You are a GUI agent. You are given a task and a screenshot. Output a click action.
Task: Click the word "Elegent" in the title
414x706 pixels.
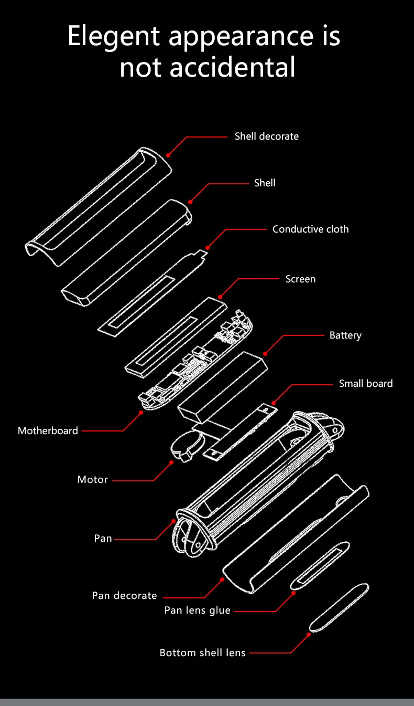click(114, 36)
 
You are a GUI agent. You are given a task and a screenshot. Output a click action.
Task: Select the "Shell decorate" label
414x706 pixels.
click(266, 136)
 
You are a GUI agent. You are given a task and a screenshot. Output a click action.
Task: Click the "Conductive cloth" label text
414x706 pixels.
click(310, 229)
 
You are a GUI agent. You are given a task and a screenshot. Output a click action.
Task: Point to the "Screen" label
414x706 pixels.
click(300, 279)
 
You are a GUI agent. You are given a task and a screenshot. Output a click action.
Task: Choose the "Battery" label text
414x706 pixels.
click(345, 335)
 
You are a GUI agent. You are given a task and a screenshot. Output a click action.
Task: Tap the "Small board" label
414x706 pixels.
click(365, 384)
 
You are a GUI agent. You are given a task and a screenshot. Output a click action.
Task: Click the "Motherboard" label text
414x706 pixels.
click(48, 431)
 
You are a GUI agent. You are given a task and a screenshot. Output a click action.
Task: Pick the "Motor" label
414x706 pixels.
click(93, 480)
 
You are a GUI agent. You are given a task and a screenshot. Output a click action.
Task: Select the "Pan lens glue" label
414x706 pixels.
click(198, 610)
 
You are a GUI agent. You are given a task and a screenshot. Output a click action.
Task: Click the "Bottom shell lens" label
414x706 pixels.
click(202, 653)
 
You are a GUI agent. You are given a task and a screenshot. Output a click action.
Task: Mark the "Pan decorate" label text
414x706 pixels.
click(125, 596)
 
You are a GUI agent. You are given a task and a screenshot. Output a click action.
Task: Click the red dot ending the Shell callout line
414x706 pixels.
click(190, 202)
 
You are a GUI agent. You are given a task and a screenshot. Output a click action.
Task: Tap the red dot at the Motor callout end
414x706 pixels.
click(171, 462)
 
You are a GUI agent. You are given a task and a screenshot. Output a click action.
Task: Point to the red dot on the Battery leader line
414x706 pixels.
click(265, 354)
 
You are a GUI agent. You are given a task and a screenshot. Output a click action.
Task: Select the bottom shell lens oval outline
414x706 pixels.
click(339, 607)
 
